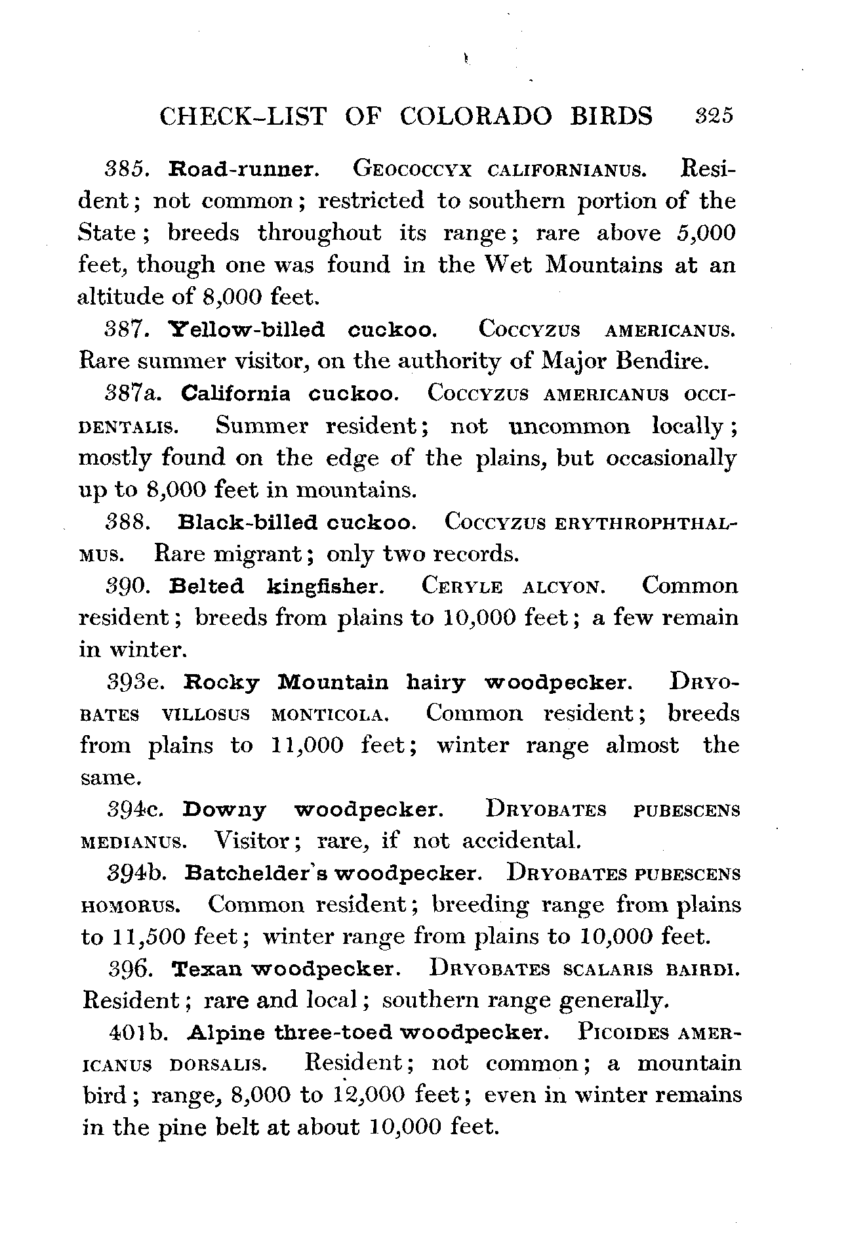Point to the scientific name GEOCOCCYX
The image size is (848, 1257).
(x=412, y=169)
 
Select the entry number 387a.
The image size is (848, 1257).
(x=137, y=393)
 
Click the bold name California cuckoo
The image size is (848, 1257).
(x=289, y=393)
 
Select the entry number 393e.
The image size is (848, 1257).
(x=137, y=682)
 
